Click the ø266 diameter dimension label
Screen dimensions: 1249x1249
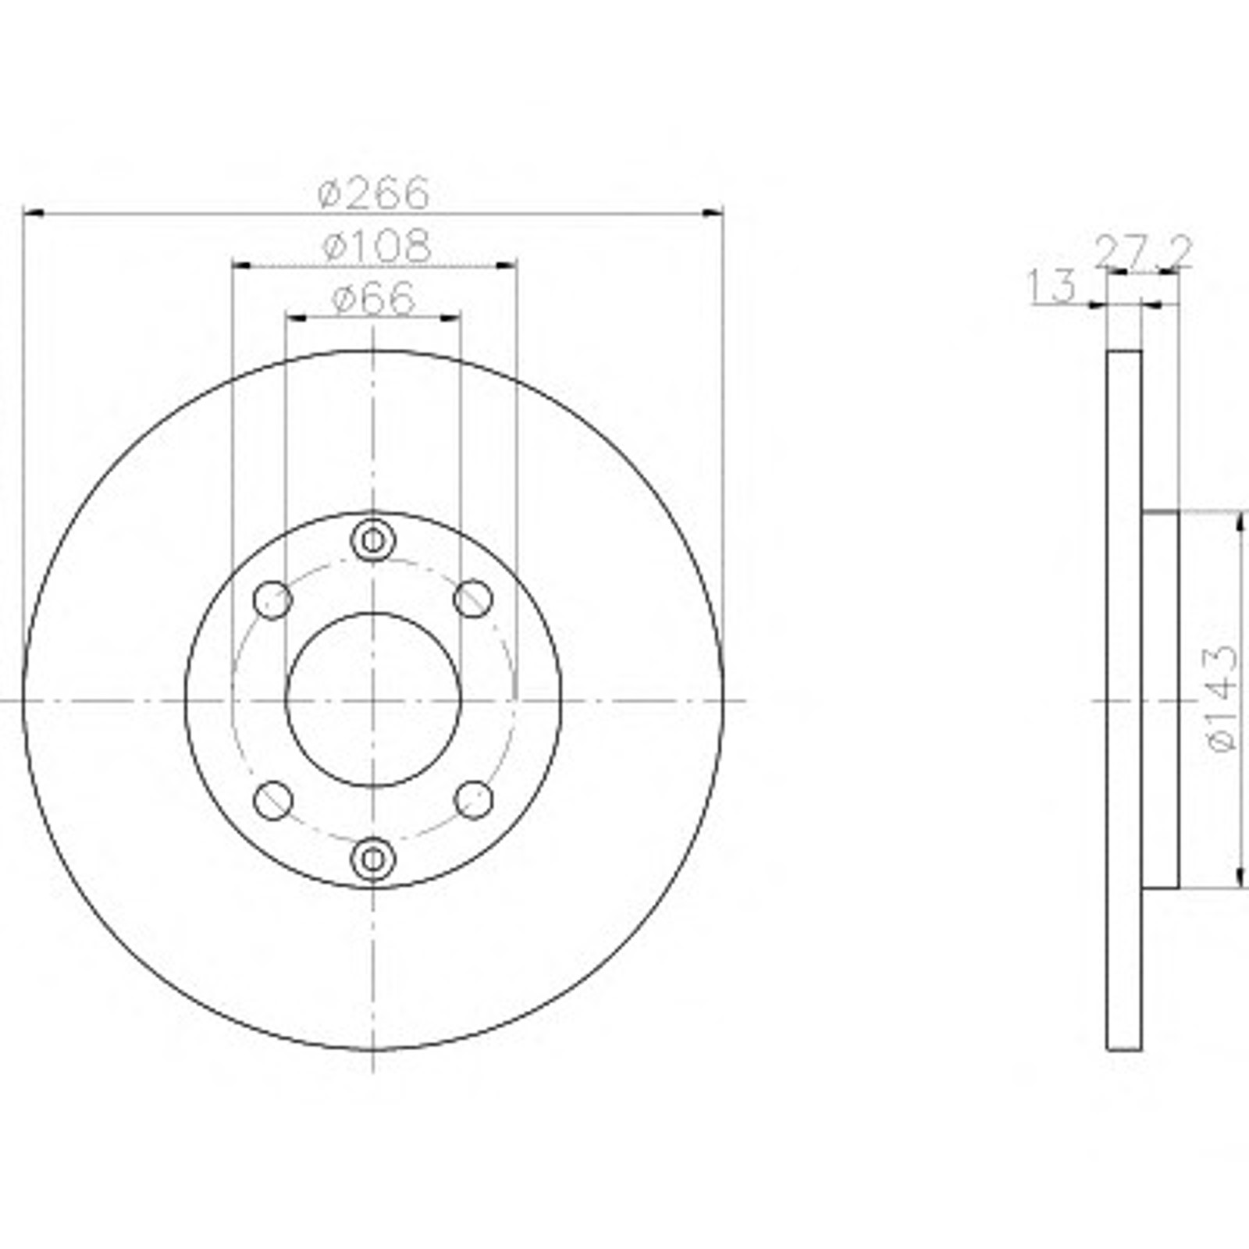(374, 192)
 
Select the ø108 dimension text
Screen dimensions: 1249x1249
(376, 246)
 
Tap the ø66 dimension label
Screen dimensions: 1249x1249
(374, 298)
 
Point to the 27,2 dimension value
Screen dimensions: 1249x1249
(1144, 252)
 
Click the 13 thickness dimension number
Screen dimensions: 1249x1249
(1052, 286)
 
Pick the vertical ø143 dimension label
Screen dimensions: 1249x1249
(1222, 698)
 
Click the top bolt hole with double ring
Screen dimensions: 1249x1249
(373, 539)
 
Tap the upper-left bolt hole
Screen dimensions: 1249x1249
(273, 600)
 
